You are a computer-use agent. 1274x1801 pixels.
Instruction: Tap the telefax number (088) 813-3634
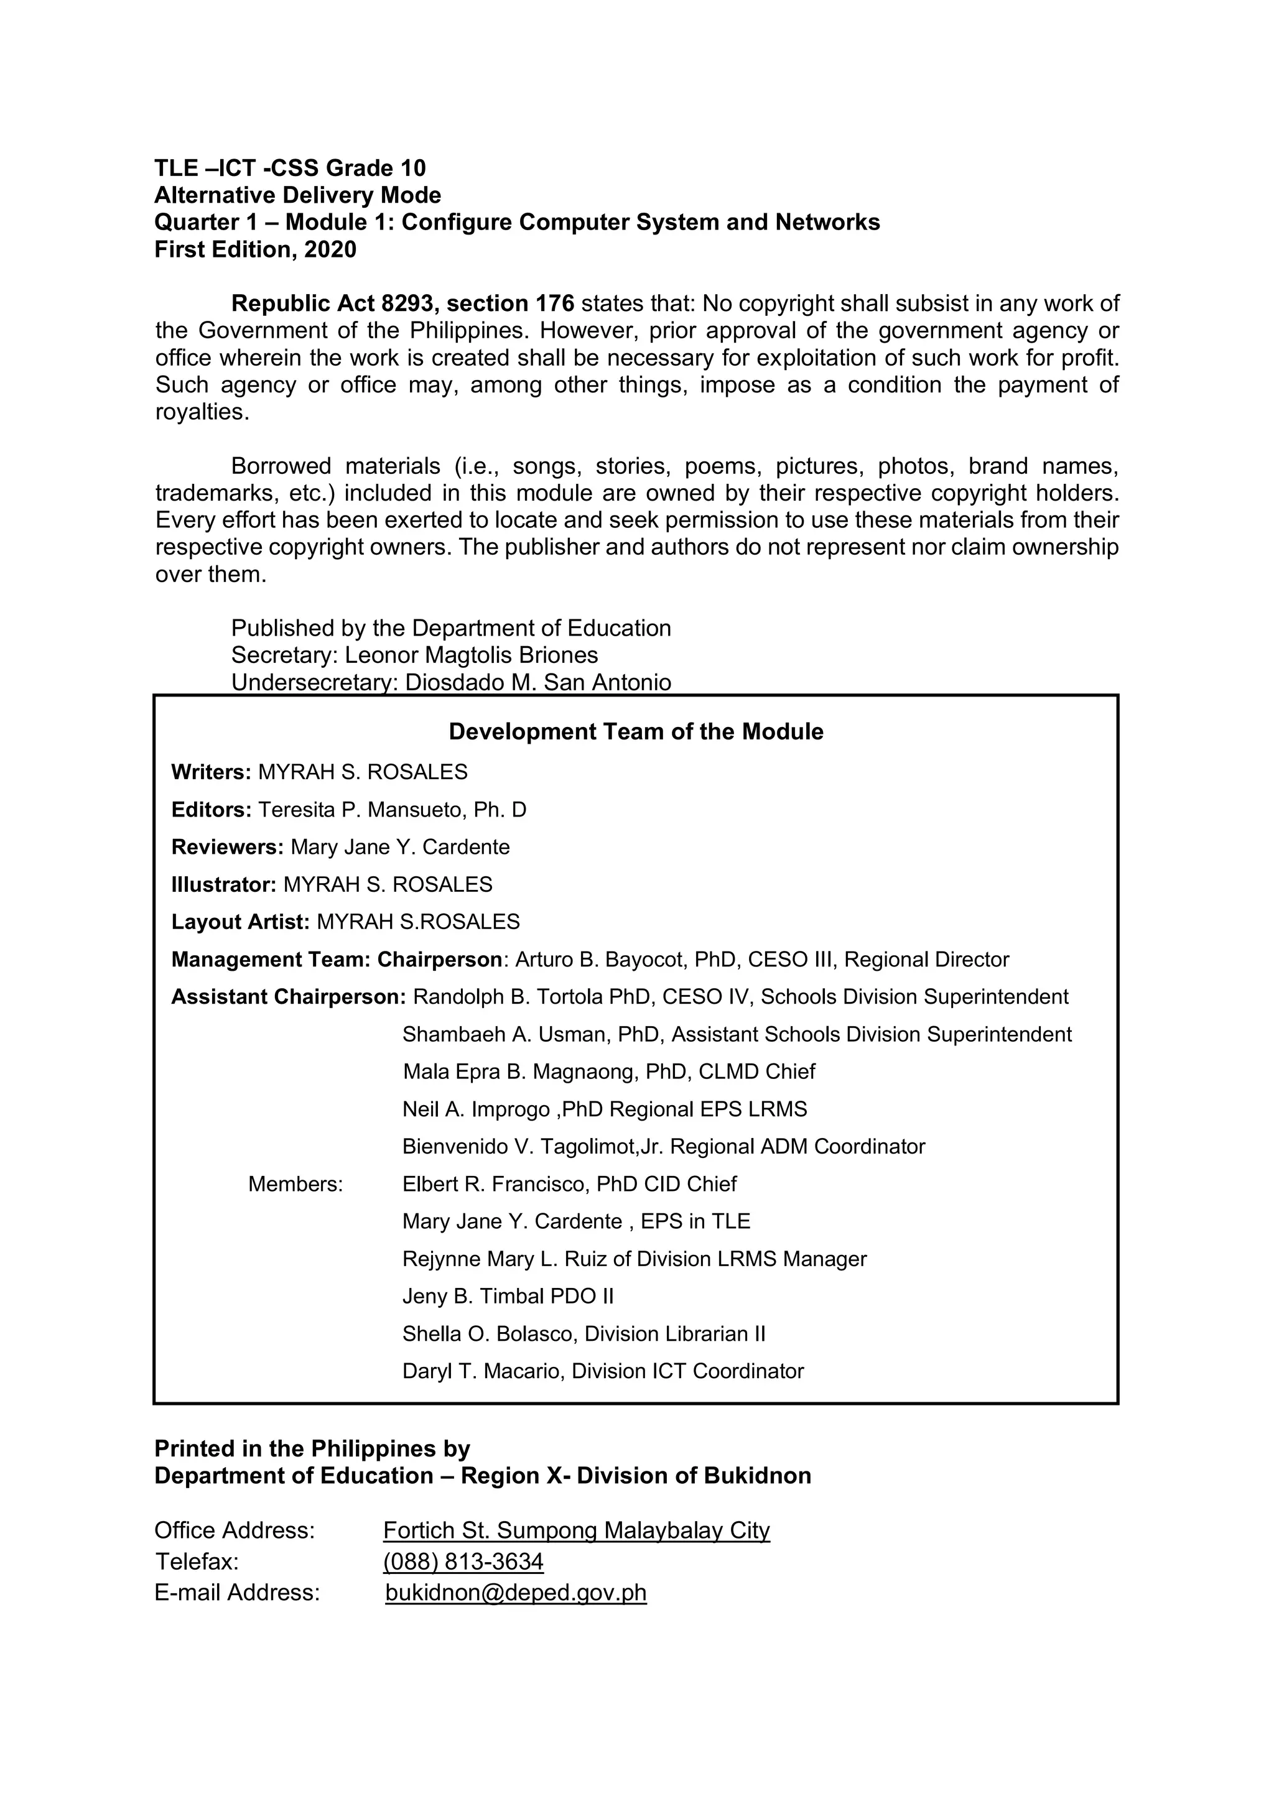463,1561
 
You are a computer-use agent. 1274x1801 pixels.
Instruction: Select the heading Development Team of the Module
635,731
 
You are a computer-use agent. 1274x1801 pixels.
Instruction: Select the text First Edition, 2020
255,249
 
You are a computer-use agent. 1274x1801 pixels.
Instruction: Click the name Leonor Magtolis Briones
471,655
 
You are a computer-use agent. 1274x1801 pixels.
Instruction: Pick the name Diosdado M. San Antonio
537,682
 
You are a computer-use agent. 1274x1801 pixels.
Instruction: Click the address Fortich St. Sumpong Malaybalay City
576,1530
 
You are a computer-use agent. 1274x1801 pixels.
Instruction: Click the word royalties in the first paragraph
201,412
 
